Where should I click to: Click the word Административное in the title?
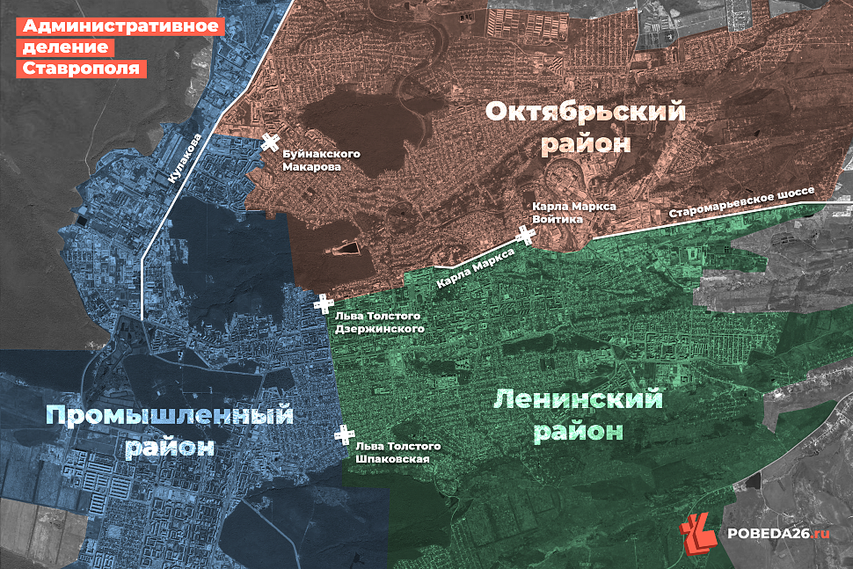tap(116, 26)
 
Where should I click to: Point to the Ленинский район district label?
tap(578, 415)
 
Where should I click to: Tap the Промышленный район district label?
tap(169, 429)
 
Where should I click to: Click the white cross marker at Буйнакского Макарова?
tap(271, 143)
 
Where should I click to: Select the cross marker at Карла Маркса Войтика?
tap(527, 235)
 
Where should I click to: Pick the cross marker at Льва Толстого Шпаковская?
tap(344, 434)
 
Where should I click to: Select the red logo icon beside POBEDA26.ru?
tap(699, 530)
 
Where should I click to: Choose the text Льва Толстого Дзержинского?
tap(380, 322)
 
